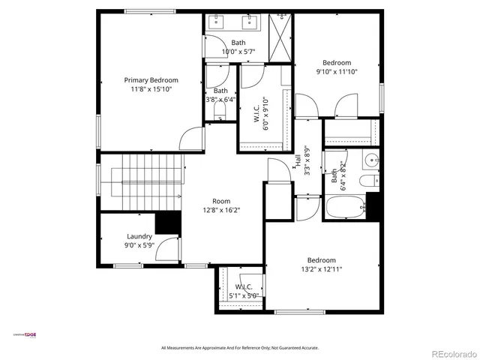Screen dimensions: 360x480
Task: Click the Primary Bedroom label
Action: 151,80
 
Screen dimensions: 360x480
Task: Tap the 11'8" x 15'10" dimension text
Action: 151,89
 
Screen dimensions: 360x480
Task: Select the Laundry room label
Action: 139,236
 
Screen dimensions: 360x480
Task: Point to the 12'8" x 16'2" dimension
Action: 221,210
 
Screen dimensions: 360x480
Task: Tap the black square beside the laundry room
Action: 168,223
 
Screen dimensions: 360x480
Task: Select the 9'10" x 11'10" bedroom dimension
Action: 336,72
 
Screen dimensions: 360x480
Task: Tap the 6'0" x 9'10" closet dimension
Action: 265,113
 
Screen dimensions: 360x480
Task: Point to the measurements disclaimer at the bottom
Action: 240,348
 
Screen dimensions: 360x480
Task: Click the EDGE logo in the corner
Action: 30,334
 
